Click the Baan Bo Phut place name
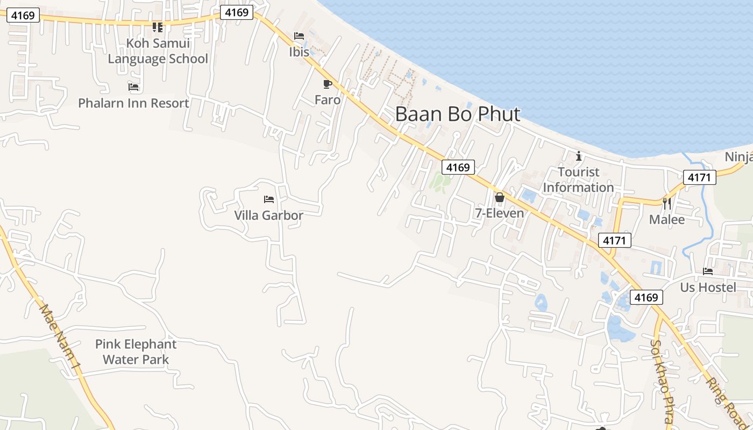(458, 114)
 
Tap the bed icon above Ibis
(299, 36)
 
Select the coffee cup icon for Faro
(327, 84)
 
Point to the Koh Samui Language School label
(158, 51)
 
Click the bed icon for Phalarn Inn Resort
(133, 87)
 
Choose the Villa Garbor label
(268, 216)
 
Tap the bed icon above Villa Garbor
(269, 199)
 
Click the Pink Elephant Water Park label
(136, 352)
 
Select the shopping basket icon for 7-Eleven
(500, 197)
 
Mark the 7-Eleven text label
(499, 213)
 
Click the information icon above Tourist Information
(579, 156)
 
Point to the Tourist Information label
(578, 180)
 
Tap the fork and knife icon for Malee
(667, 203)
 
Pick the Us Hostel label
(708, 288)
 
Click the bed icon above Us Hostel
(708, 271)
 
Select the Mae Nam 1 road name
(60, 338)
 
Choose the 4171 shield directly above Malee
(700, 177)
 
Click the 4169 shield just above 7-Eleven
(458, 167)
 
